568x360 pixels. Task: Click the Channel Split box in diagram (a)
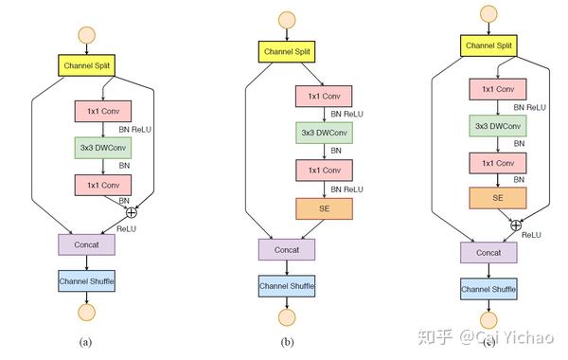point(87,66)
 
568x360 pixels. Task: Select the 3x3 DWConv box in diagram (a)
point(101,148)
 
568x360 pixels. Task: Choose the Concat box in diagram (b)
point(287,249)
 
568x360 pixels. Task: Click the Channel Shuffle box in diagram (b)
point(287,285)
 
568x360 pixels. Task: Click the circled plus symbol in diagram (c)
point(516,224)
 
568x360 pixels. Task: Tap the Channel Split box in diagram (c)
point(488,45)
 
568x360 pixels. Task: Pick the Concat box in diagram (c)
point(488,252)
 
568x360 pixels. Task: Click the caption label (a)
point(87,341)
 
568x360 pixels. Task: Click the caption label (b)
point(288,342)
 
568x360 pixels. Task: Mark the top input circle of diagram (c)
point(488,14)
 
